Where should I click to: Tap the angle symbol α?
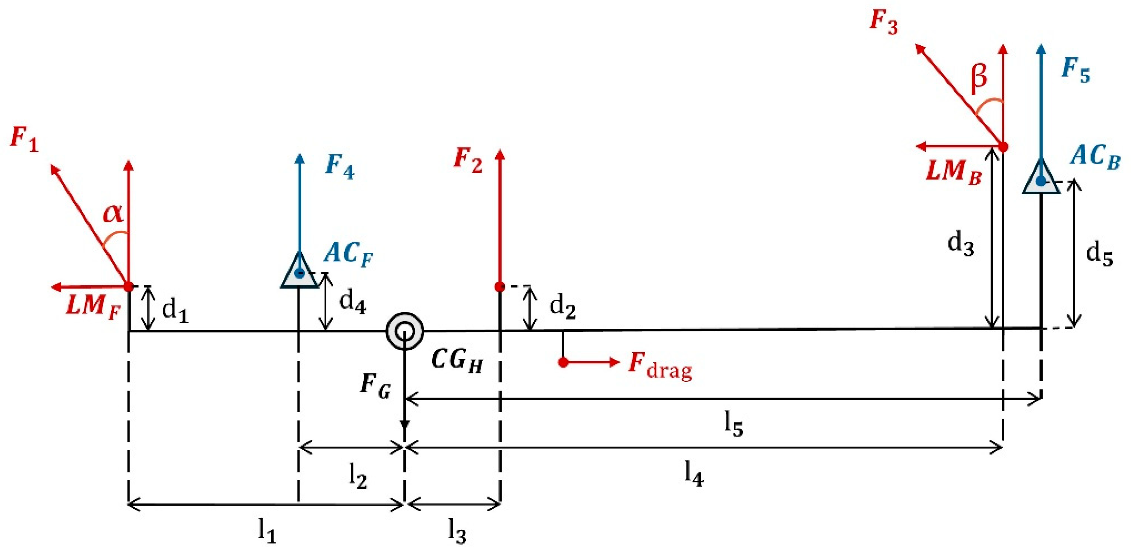pyautogui.click(x=113, y=214)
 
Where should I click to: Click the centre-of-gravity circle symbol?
pyautogui.click(x=405, y=331)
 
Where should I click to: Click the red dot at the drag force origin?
pyautogui.click(x=563, y=362)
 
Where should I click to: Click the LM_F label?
pyautogui.click(x=93, y=306)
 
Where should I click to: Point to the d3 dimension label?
pyautogui.click(x=961, y=244)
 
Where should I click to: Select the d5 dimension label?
pyautogui.click(x=1099, y=255)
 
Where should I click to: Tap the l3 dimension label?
pyautogui.click(x=457, y=532)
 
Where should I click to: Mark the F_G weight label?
pyautogui.click(x=375, y=385)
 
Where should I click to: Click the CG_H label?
pyautogui.click(x=457, y=361)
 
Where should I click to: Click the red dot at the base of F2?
pyautogui.click(x=499, y=287)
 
